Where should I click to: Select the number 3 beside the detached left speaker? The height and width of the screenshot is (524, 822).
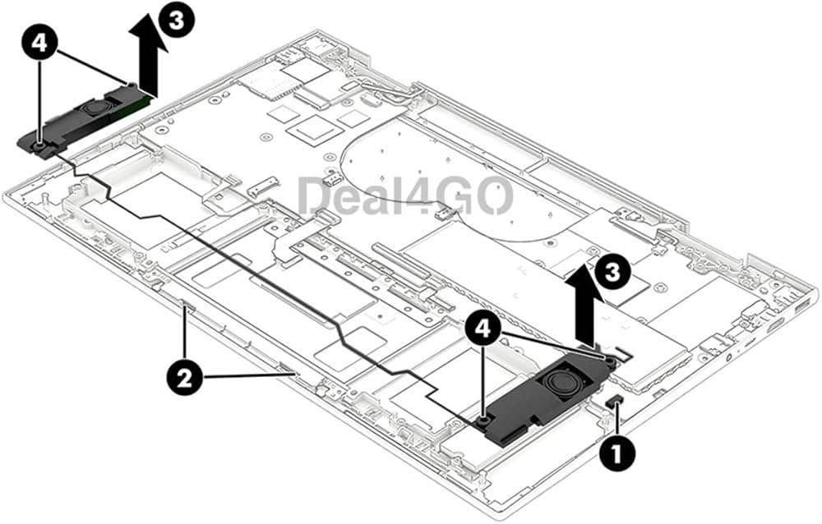pyautogui.click(x=177, y=22)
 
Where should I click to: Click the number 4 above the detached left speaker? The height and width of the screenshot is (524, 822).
pyautogui.click(x=39, y=43)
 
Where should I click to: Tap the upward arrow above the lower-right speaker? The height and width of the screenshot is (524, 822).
pyautogui.click(x=586, y=301)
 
